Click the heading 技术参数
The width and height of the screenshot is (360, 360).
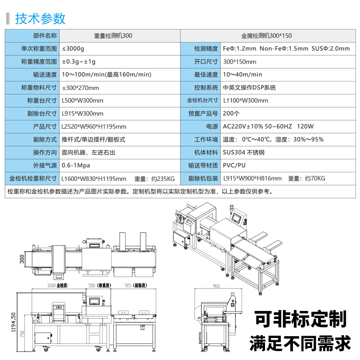[40, 18]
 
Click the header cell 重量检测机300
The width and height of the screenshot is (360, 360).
[113, 35]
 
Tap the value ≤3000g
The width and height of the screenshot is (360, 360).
[73, 48]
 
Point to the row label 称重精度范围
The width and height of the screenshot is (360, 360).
[39, 61]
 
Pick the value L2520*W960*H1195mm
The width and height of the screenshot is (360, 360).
[94, 127]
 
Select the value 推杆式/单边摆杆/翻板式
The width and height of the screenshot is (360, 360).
[93, 139]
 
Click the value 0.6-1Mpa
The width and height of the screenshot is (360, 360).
[76, 166]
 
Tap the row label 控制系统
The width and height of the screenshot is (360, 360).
[206, 87]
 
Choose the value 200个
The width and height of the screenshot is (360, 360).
[231, 113]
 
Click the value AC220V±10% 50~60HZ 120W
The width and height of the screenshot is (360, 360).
[268, 127]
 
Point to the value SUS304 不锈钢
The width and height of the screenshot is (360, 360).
[243, 153]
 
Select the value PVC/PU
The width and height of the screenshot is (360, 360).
[234, 166]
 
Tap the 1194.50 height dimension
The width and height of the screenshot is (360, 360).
[13, 322]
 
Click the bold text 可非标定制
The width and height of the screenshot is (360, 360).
[301, 319]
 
